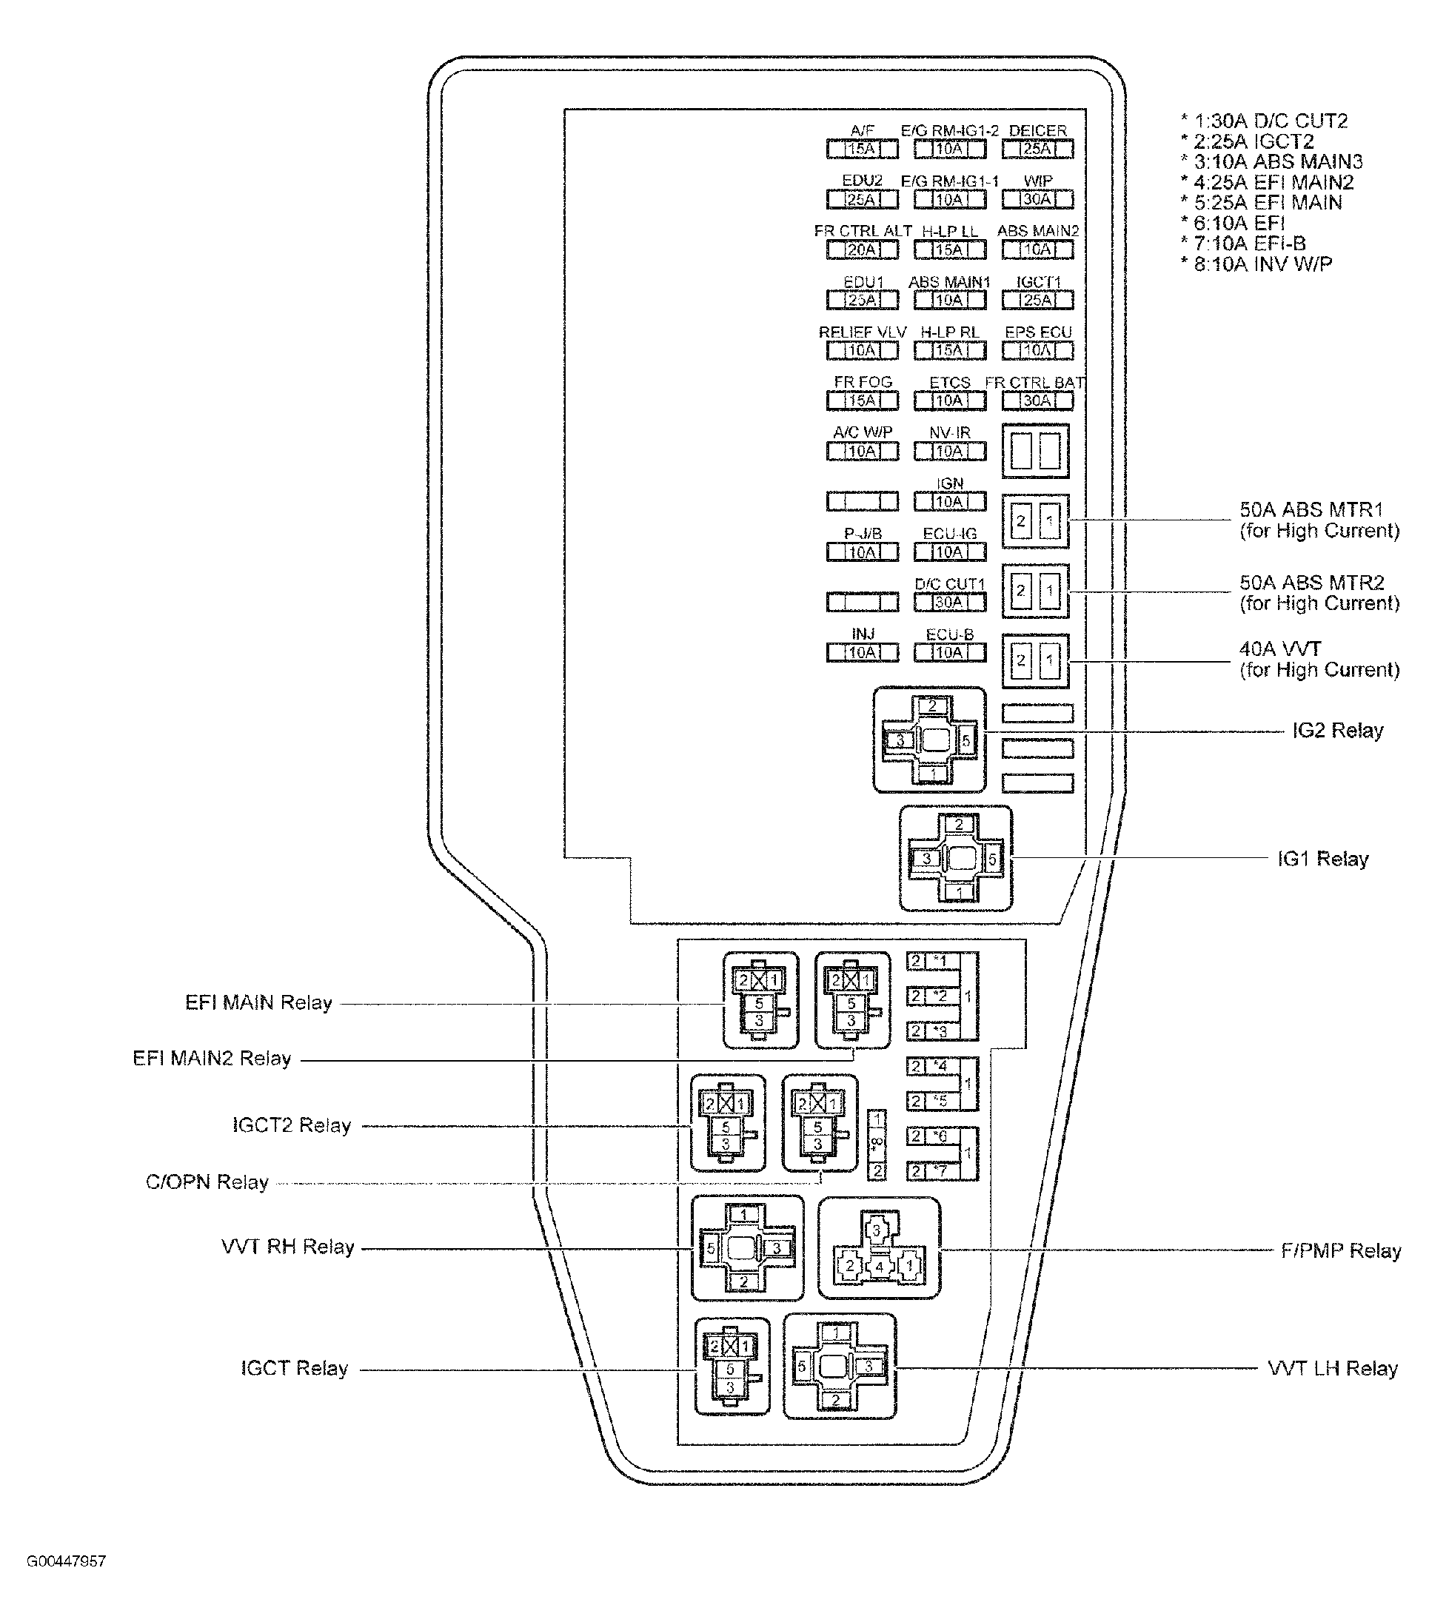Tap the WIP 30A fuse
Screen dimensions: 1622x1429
(1037, 199)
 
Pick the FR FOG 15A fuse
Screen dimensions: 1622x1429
(862, 401)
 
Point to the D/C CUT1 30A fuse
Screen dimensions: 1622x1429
(949, 603)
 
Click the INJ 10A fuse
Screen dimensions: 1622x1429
(862, 652)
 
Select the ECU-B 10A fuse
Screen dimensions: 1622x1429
(949, 652)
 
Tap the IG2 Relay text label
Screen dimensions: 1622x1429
(1337, 730)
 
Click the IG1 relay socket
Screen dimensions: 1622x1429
(955, 858)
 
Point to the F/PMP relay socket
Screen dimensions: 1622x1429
(878, 1248)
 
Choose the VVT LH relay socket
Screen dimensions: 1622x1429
(839, 1367)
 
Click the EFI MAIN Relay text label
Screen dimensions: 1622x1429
(258, 1002)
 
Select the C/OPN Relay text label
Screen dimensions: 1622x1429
(207, 1182)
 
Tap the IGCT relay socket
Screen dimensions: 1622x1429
(732, 1367)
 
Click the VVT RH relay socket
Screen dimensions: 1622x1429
(746, 1248)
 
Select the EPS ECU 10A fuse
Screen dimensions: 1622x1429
(1037, 350)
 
